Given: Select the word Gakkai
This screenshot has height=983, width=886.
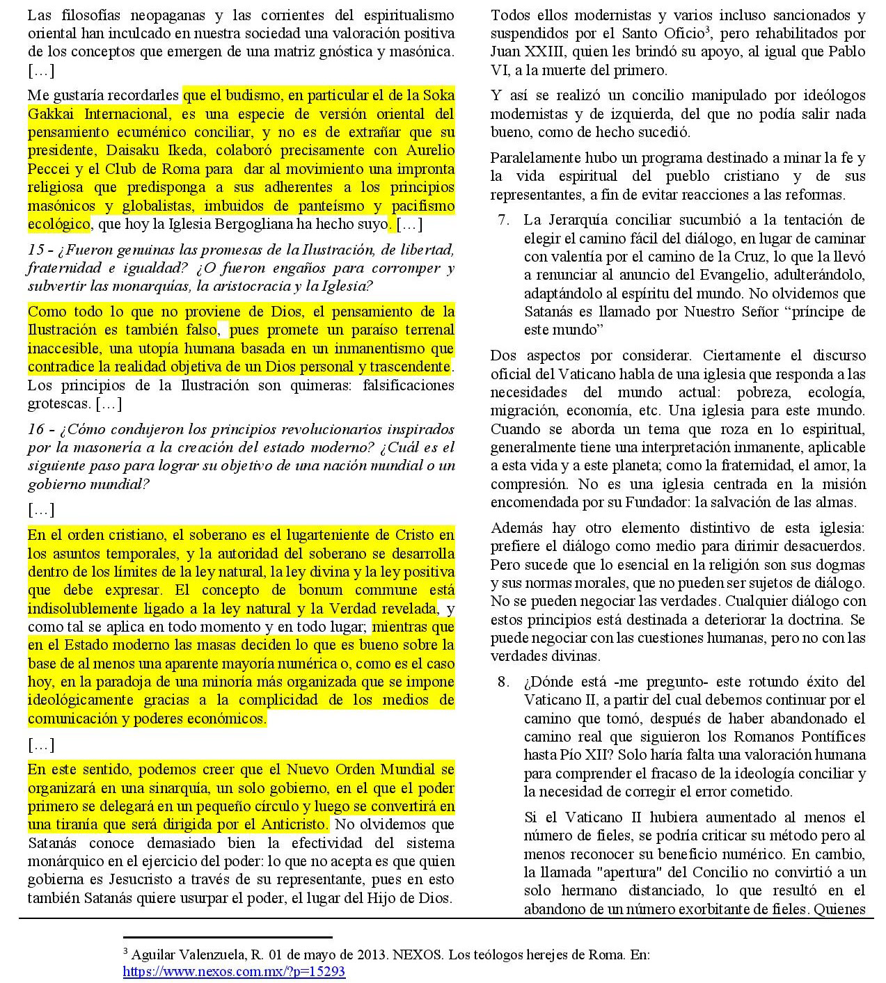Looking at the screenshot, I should coord(51,113).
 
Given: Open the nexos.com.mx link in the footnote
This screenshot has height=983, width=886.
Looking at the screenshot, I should coord(234,971).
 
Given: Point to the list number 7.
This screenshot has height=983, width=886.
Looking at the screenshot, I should coord(503,220).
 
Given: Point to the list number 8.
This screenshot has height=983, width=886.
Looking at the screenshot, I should coord(503,682).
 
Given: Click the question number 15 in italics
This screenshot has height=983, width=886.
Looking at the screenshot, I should coord(35,250).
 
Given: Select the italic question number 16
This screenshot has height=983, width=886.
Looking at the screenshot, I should coord(35,429).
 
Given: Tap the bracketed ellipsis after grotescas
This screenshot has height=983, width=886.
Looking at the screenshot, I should coord(108,404).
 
